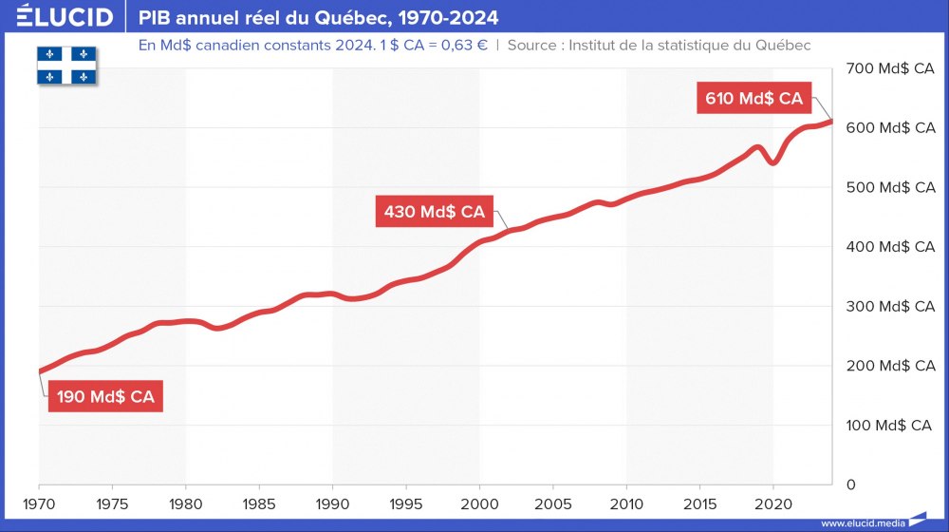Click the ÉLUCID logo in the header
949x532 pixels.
tap(58, 17)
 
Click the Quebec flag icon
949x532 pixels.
tap(68, 63)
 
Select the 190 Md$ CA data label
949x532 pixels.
tap(105, 397)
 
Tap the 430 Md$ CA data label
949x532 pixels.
tap(435, 212)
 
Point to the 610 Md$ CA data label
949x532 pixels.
tap(754, 98)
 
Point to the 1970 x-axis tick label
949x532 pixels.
tap(39, 503)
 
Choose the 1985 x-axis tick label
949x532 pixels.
tap(259, 503)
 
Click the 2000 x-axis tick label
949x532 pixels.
tap(479, 503)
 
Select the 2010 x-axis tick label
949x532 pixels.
tap(626, 503)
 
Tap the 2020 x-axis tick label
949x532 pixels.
tap(773, 503)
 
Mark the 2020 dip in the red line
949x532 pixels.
tap(773, 162)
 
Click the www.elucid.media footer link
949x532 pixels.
tap(862, 522)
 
